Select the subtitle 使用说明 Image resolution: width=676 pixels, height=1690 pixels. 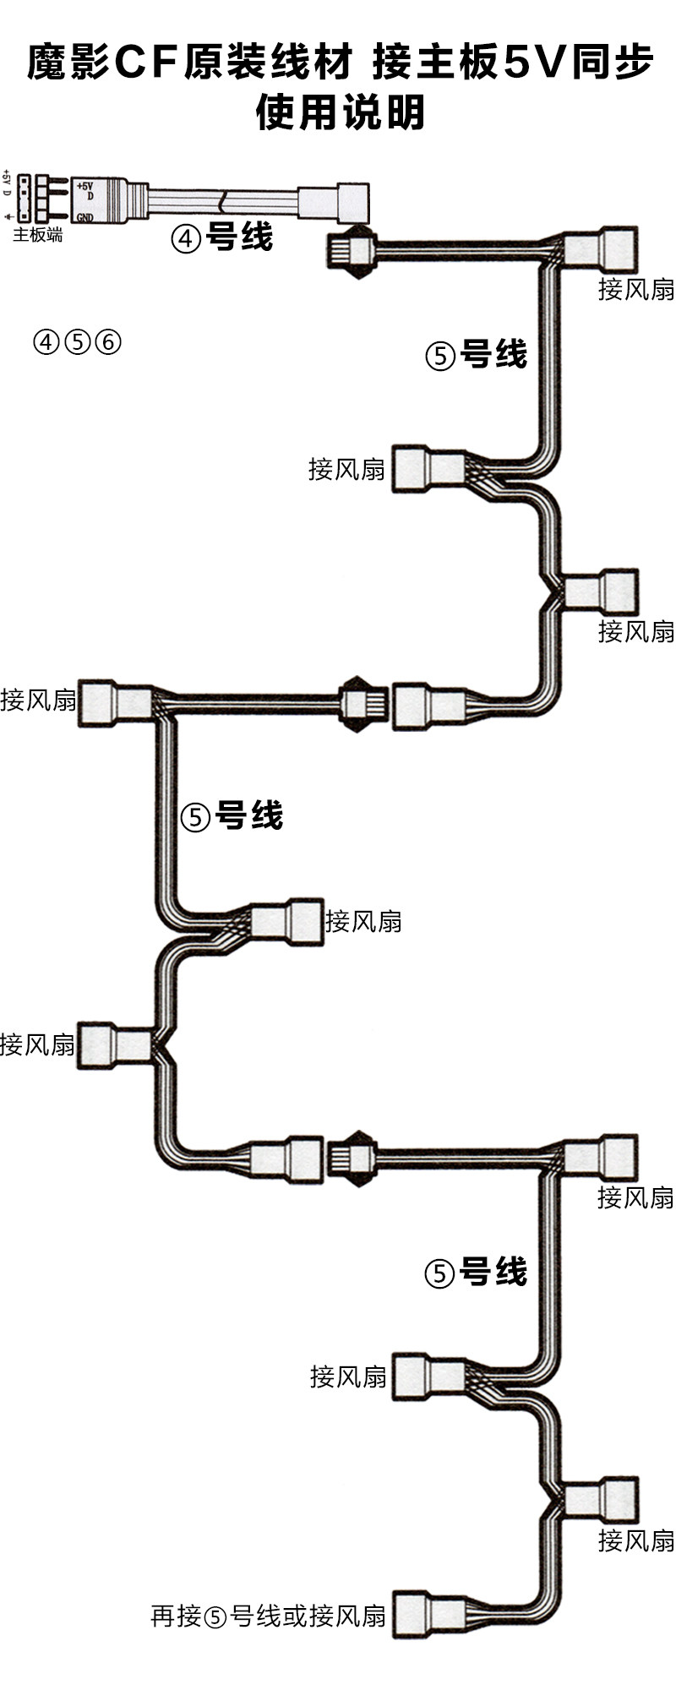pos(340,112)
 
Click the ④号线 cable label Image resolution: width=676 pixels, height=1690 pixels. pos(221,237)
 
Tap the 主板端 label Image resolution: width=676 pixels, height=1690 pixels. pos(37,235)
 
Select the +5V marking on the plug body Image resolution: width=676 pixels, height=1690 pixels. pos(85,184)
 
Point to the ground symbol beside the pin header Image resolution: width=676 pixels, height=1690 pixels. pos(7,216)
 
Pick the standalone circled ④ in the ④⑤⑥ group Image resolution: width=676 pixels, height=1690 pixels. pos(46,342)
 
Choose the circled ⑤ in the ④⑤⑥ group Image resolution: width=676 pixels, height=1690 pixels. pos(77,342)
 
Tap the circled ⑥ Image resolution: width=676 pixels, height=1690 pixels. pos(108,342)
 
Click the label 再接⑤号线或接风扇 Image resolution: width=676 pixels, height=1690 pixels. pos(268,1616)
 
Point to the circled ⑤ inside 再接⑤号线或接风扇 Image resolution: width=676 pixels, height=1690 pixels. pos(215,1617)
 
